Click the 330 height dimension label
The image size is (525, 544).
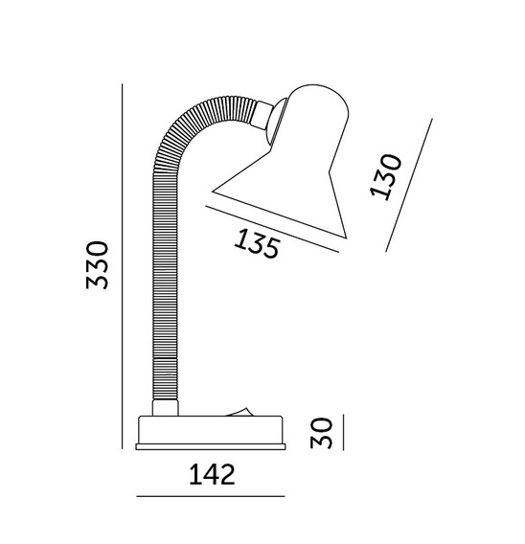point(97,264)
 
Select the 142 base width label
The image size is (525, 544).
point(212,475)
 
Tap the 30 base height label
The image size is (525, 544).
point(321,433)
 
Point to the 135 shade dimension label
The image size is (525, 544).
point(257,243)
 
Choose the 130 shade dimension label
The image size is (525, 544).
point(385,177)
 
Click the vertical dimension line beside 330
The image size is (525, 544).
point(122,266)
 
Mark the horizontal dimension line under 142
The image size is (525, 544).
point(211,496)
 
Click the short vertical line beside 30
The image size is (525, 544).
point(343,432)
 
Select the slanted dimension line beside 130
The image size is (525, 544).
point(409,185)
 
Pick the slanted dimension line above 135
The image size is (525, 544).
point(272,229)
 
